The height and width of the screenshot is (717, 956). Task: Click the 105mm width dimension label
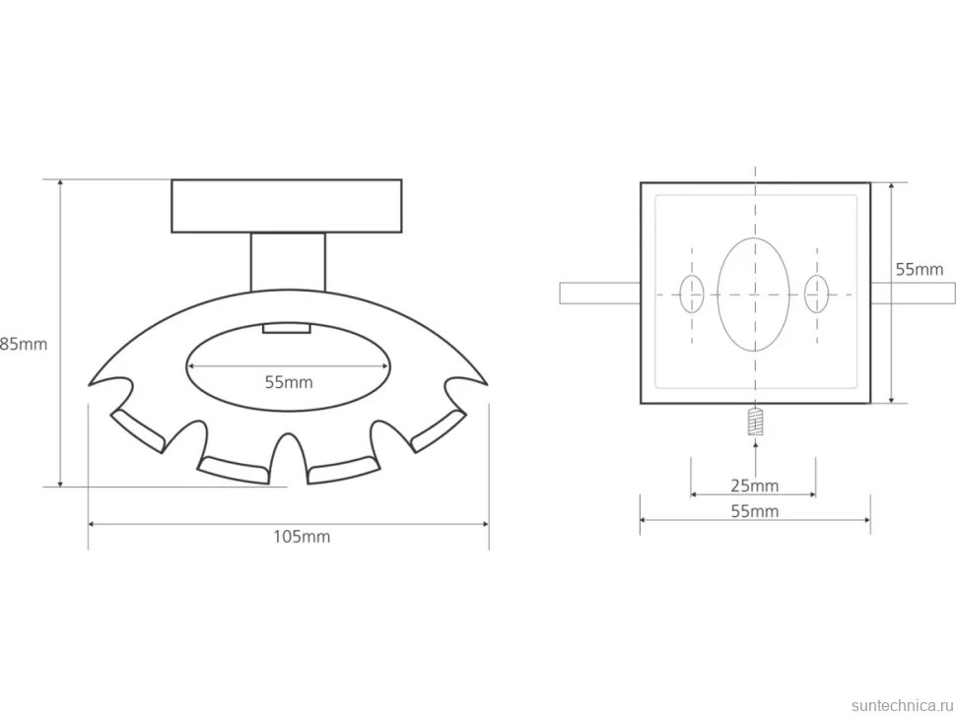coord(302,537)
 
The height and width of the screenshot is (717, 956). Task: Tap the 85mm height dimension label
coord(24,344)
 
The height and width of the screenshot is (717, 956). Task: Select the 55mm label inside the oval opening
coord(289,382)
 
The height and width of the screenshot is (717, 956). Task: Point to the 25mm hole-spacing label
coord(755,487)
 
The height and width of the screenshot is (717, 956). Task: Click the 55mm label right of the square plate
coord(920,269)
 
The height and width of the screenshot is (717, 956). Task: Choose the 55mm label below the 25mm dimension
coord(755,511)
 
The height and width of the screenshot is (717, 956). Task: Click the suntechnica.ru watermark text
coord(902,705)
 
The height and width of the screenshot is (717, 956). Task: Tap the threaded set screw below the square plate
coord(755,422)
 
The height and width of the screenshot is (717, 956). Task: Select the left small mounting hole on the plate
coord(692,293)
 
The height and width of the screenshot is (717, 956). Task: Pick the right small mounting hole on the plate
coord(816,293)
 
